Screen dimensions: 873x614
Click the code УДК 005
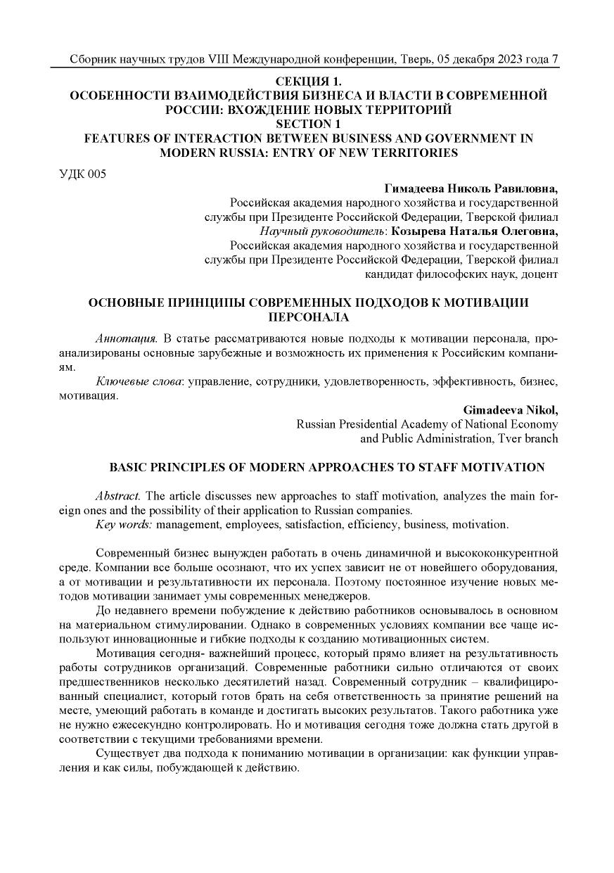click(82, 174)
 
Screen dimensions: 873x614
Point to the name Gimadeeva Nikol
click(511, 409)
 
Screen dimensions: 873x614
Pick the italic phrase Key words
click(124, 524)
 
